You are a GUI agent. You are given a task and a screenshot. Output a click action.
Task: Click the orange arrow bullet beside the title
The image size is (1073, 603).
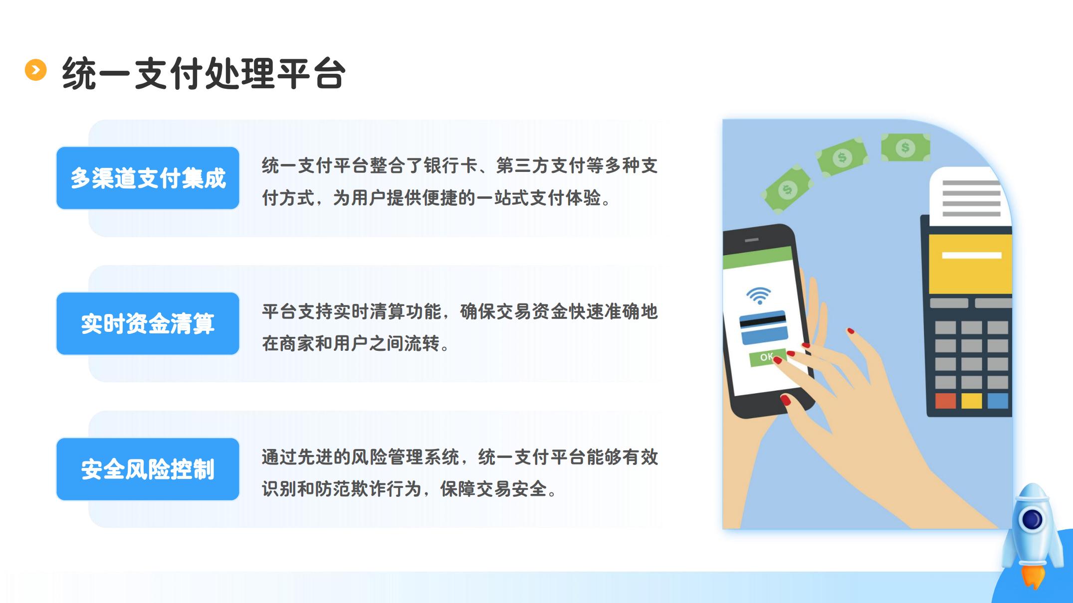(x=35, y=70)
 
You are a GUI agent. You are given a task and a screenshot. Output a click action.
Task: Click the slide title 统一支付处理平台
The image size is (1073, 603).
(x=204, y=74)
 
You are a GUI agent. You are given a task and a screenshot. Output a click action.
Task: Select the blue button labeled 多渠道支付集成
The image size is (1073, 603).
(x=148, y=178)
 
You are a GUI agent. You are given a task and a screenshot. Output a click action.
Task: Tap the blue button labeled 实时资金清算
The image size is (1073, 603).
(x=148, y=323)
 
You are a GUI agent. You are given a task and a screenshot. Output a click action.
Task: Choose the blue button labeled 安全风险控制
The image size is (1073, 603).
(x=148, y=469)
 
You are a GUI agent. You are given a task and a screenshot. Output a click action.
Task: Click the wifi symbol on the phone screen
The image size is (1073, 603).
(x=759, y=296)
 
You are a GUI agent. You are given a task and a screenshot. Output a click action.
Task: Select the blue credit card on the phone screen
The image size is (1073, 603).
(x=764, y=327)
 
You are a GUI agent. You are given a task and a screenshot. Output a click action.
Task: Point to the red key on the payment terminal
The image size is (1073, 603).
(x=945, y=401)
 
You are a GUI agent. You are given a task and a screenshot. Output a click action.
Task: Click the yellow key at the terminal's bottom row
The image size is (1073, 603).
(x=971, y=401)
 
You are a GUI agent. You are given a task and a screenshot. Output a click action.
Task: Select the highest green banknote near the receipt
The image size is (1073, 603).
(x=905, y=147)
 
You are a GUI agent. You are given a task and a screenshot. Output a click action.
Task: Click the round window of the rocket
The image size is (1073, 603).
(x=1032, y=520)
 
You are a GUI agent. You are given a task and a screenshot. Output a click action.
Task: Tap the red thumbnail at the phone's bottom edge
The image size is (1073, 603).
(x=786, y=399)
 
